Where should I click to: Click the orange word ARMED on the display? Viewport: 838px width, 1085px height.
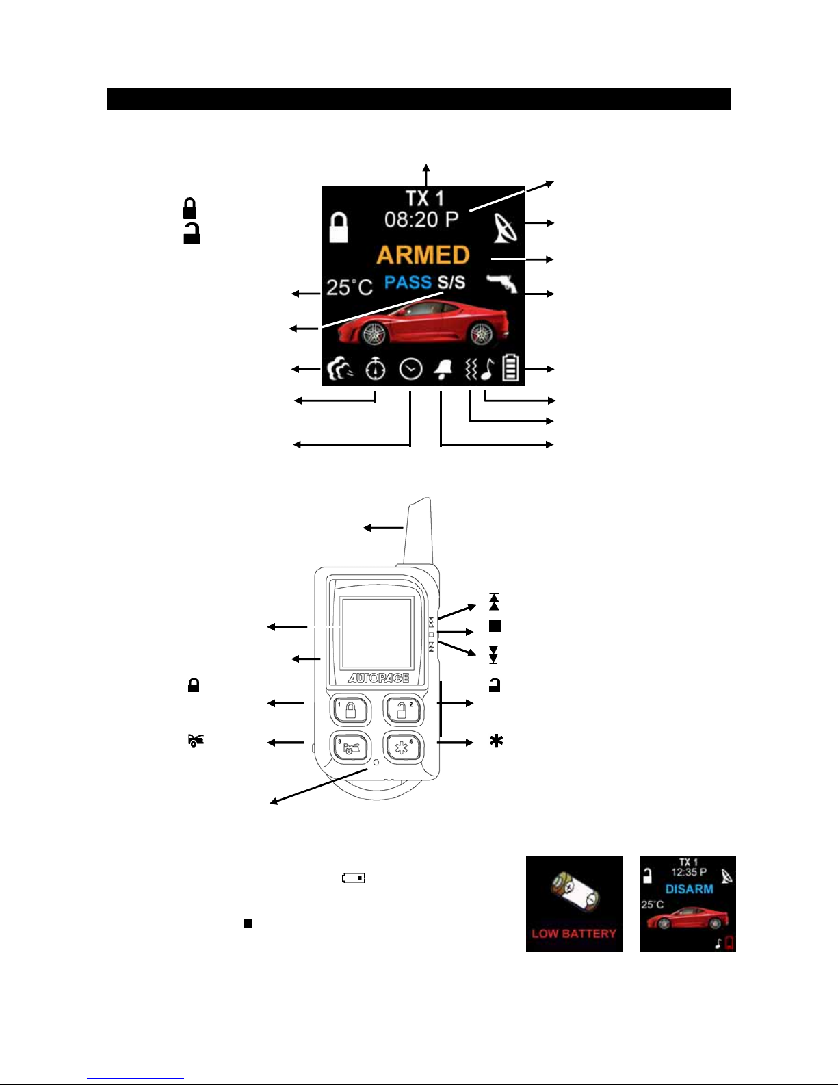coord(423,255)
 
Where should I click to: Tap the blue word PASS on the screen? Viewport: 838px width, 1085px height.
coord(408,282)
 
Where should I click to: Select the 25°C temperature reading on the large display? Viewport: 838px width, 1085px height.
coord(349,287)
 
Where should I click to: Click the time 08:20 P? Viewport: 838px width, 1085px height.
coord(421,219)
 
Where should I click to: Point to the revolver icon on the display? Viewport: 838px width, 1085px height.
coord(502,283)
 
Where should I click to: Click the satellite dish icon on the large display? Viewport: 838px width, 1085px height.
coord(505,228)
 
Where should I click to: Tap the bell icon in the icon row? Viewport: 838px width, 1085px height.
coord(443,370)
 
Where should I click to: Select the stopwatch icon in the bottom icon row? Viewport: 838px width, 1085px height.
coord(375,370)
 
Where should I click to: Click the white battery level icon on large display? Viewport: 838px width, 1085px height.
coord(510,368)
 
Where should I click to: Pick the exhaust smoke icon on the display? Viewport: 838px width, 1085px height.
coord(340,370)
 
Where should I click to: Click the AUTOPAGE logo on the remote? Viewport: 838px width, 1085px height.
coord(378,678)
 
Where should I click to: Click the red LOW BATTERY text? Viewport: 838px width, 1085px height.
coord(574,934)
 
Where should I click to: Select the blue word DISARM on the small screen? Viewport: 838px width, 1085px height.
coord(690,889)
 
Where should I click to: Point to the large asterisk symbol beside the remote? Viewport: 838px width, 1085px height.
coord(496,741)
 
